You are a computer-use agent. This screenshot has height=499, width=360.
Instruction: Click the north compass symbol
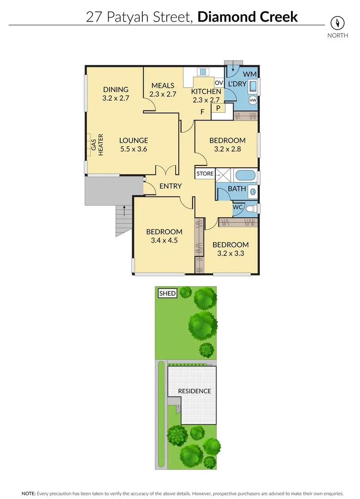click(338, 23)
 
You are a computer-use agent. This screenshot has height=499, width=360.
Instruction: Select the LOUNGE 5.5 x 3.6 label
click(134, 145)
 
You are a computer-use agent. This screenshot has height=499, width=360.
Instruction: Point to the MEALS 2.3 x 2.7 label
click(163, 90)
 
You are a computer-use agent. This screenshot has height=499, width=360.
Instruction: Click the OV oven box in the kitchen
click(219, 83)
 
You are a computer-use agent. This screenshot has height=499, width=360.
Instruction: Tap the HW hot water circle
click(253, 100)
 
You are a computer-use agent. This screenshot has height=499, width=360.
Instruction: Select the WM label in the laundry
click(249, 74)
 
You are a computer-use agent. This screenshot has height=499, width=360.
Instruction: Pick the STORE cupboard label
click(205, 174)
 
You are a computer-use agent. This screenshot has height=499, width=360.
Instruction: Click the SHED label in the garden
click(167, 293)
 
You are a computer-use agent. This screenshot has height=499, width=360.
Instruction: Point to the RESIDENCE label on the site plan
click(194, 391)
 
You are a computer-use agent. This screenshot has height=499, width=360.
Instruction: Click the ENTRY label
click(171, 186)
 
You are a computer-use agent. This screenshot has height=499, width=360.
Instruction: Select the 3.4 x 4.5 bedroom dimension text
click(164, 240)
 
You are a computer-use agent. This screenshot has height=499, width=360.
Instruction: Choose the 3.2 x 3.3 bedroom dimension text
click(231, 253)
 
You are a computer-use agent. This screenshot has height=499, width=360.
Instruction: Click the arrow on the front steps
click(123, 213)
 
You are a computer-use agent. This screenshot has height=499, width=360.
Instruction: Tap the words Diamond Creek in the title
click(247, 17)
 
